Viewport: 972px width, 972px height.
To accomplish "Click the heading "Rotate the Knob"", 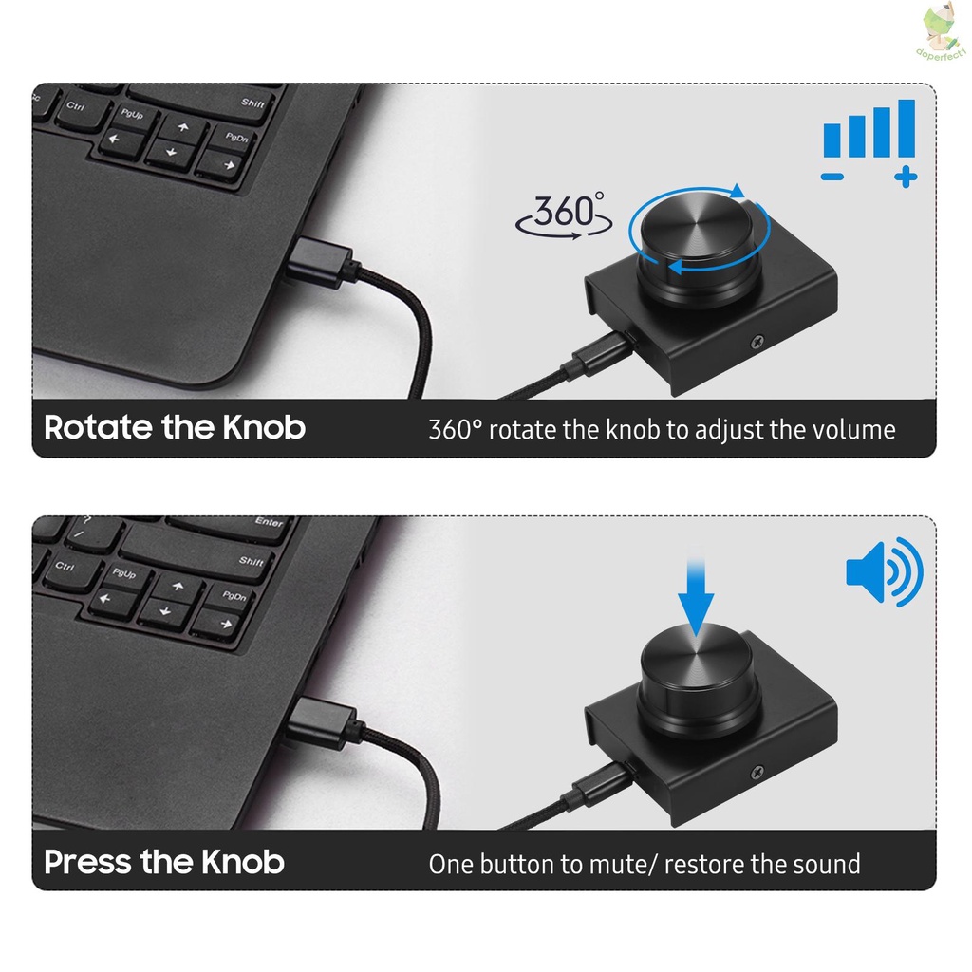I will [x=175, y=427].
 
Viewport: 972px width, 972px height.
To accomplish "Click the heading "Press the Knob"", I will [x=164, y=862].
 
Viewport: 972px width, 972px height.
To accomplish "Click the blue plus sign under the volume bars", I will [x=906, y=176].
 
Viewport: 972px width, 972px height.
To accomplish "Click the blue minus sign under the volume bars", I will [x=832, y=176].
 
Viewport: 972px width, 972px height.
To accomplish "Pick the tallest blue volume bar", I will [x=906, y=128].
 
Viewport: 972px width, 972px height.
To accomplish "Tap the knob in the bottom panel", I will [x=697, y=670].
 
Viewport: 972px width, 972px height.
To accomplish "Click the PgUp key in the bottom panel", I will [x=123, y=573].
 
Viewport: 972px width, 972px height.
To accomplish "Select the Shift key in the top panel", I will [x=252, y=103].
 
